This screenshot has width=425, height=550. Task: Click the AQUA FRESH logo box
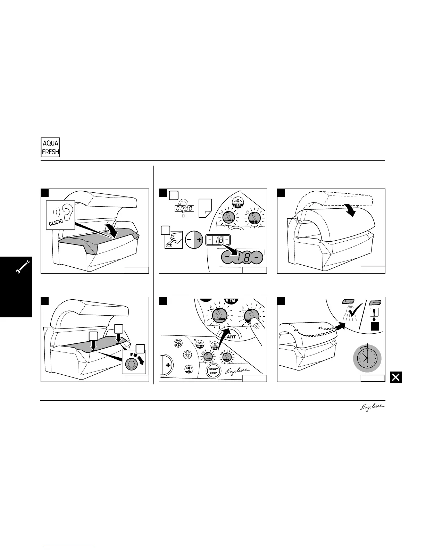50,148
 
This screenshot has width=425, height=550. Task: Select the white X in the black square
395,377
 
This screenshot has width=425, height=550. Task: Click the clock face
367,358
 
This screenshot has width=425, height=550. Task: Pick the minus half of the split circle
190,240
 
